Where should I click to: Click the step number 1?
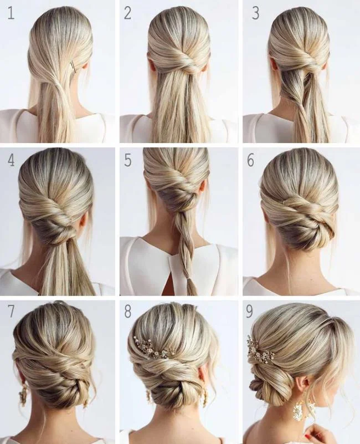pos(11,13)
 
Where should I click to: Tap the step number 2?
pos(127,13)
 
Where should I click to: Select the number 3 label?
pos(255,13)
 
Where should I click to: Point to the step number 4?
pos(11,161)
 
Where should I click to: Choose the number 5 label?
pos(128,161)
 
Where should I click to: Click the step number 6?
pos(250,161)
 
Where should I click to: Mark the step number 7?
pos(11,312)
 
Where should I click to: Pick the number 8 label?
pos(128,312)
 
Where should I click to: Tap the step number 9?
pos(250,312)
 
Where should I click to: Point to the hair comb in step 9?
pos(259,351)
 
